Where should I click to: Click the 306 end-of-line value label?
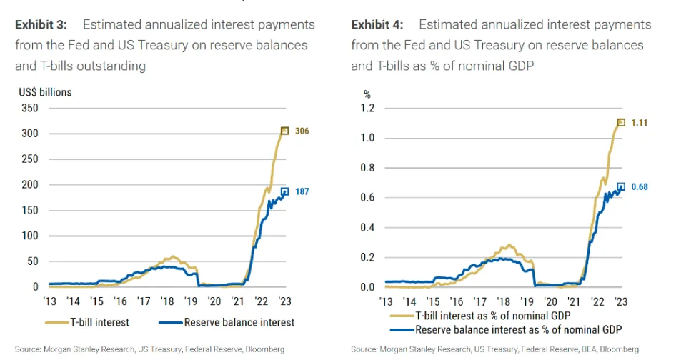point(302,131)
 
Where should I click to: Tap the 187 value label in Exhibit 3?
point(302,192)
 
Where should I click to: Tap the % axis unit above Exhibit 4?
point(368,94)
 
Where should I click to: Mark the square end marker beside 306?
point(284,131)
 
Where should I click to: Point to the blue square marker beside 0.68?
point(621,187)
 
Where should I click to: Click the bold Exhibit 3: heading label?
point(41,25)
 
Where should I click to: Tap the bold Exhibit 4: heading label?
point(377,25)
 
